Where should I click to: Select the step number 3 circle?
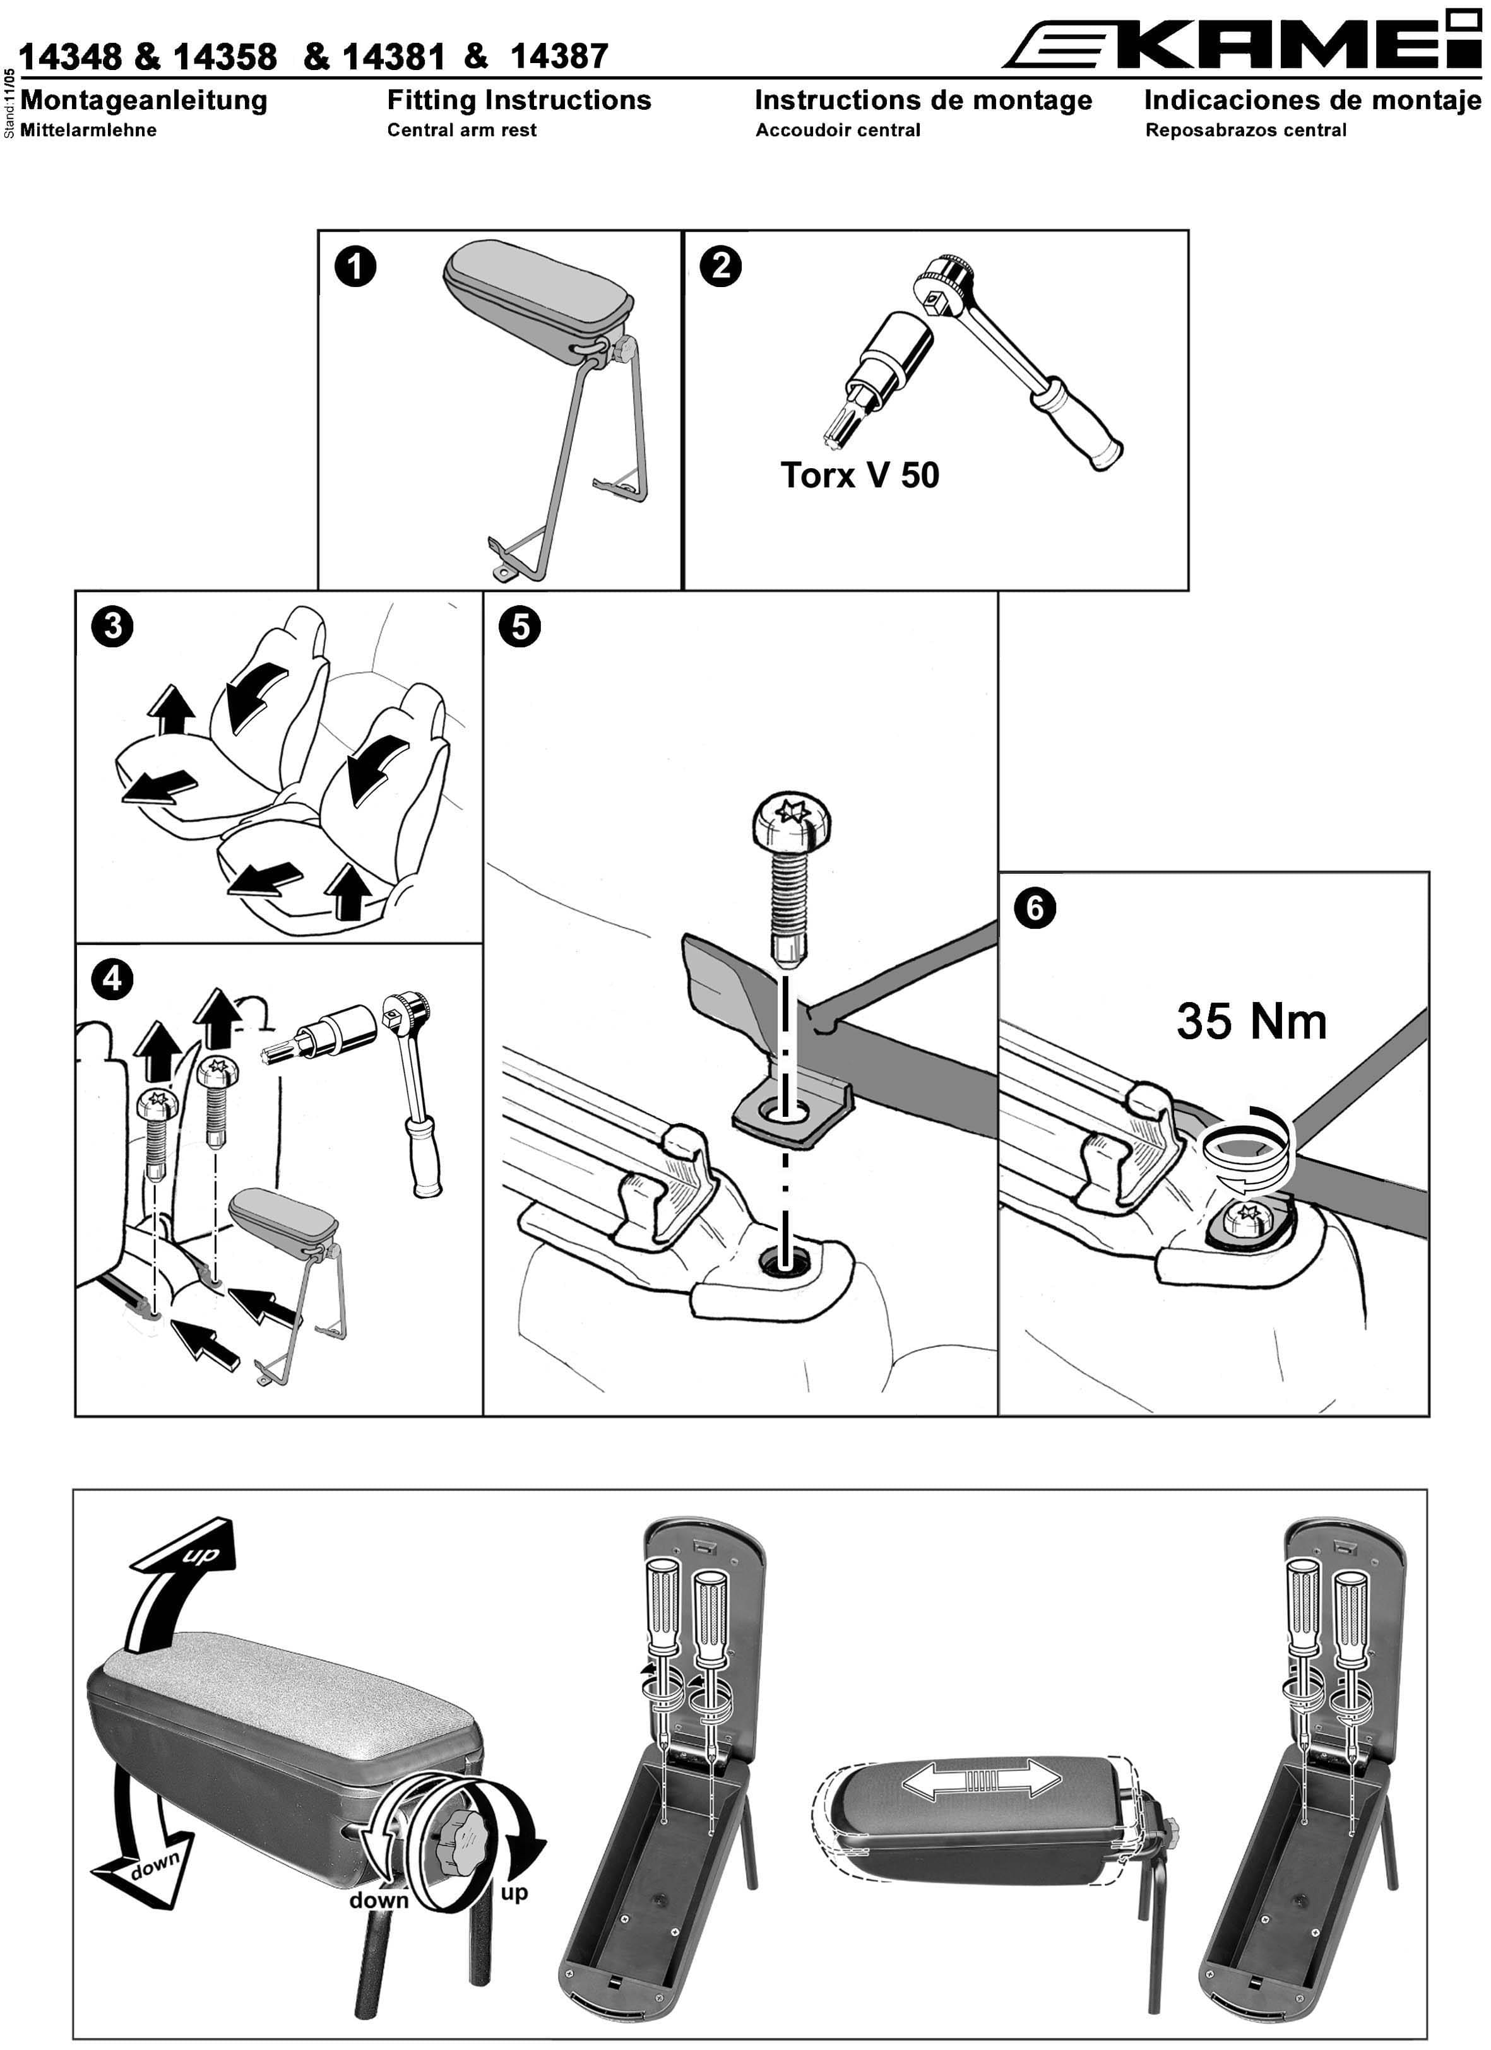[x=112, y=627]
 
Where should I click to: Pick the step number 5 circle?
[x=520, y=627]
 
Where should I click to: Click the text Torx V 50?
[x=859, y=476]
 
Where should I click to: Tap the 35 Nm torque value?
[x=1250, y=1022]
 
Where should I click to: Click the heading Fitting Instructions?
[x=519, y=100]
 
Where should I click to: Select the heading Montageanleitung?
[x=144, y=100]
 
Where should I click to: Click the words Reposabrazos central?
[x=1245, y=130]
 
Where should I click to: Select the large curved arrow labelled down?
[x=145, y=1844]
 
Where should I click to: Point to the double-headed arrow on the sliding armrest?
[x=981, y=1781]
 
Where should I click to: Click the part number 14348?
[x=71, y=57]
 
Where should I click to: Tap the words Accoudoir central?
[x=837, y=130]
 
